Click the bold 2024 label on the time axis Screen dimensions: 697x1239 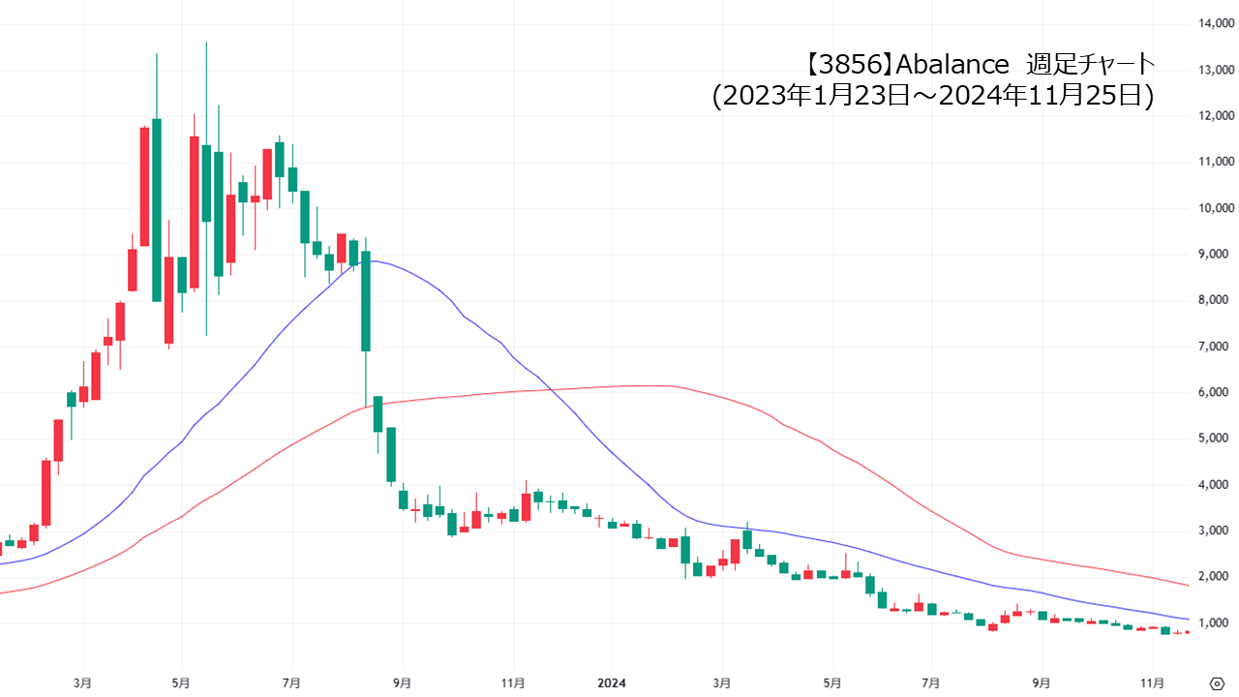(x=611, y=682)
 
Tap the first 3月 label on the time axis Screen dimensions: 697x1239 (x=83, y=682)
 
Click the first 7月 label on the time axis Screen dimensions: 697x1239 (x=292, y=682)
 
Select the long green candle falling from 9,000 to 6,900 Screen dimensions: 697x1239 (x=366, y=301)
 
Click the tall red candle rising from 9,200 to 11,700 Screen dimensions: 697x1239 (x=144, y=186)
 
